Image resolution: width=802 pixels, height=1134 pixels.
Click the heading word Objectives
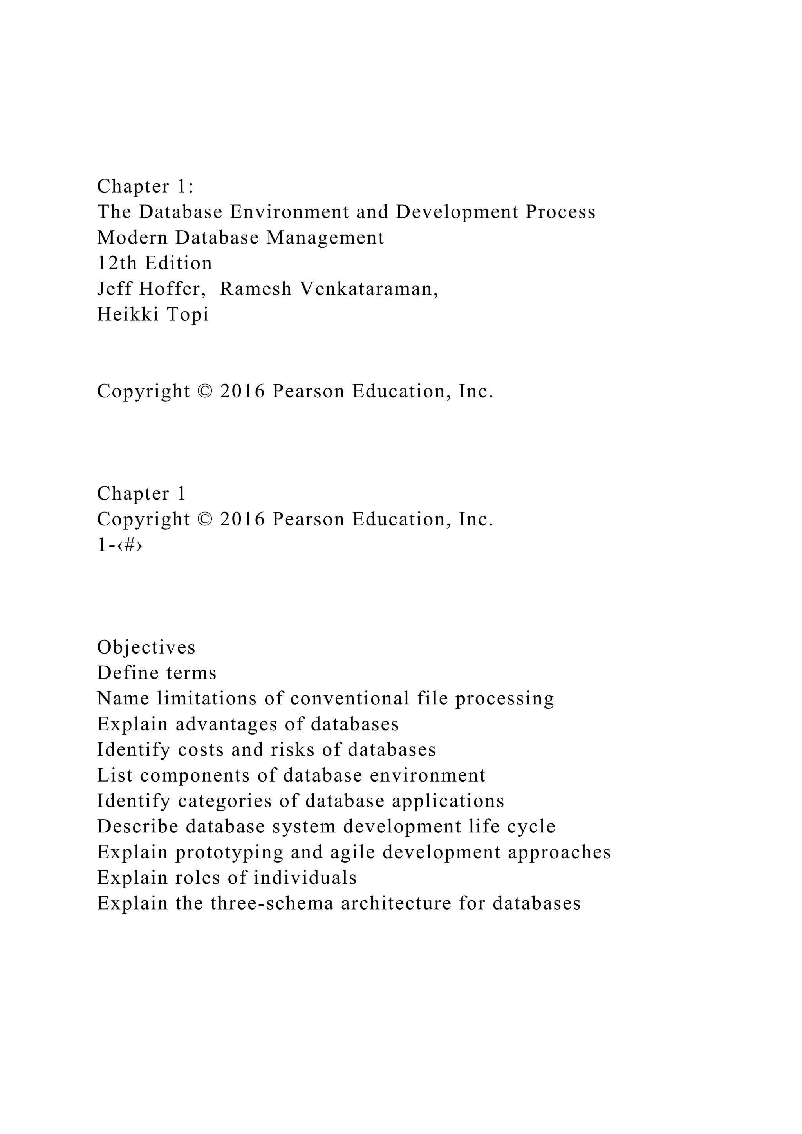146,648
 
